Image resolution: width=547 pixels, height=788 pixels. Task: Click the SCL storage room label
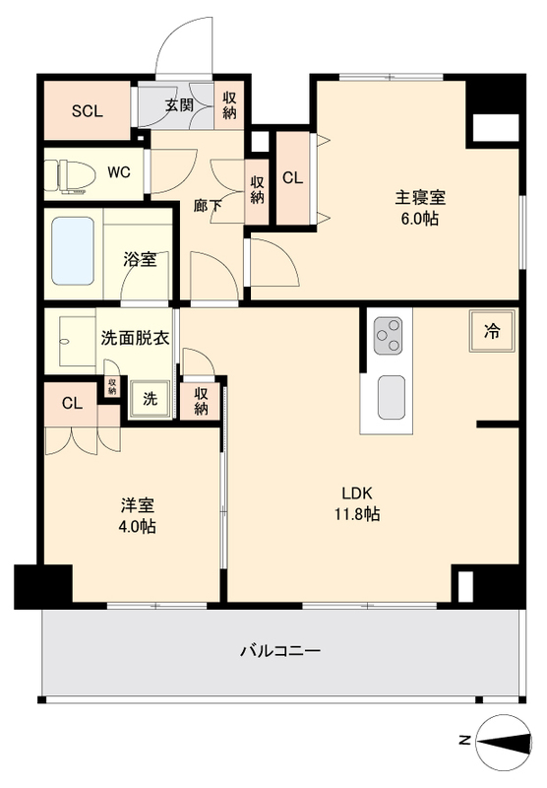pos(87,110)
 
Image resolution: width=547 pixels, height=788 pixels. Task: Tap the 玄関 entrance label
pos(178,105)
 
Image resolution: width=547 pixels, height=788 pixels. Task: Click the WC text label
pos(118,173)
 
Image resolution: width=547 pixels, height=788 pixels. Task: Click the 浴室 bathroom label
pos(139,260)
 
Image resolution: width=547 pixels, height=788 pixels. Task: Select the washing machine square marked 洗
pos(150,400)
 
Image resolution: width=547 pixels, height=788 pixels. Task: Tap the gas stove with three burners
pos(389,335)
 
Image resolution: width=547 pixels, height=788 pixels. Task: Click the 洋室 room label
pos(137,505)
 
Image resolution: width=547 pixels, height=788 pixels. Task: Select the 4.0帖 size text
pos(137,527)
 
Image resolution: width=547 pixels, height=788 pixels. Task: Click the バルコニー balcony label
pos(280,651)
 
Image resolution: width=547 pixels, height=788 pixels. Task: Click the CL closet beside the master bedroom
pos(292,178)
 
